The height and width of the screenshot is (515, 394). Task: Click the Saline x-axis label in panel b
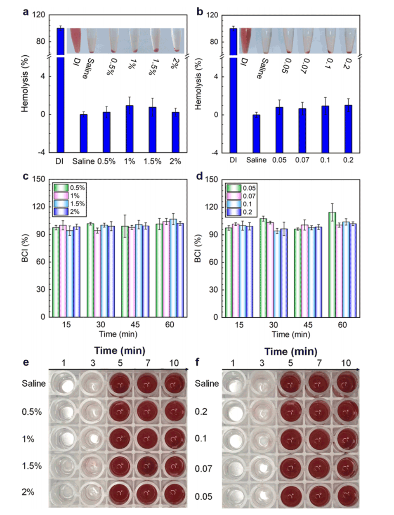click(256, 160)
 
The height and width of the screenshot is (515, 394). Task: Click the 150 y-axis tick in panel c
click(39, 179)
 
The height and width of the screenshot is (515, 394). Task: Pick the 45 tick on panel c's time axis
click(135, 325)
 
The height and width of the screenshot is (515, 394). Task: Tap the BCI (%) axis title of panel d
click(198, 249)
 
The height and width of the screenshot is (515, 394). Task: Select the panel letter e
click(26, 363)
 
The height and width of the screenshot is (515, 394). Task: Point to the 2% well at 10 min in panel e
click(175, 493)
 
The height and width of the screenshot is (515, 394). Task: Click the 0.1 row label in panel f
click(201, 438)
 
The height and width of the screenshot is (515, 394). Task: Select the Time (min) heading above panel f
click(290, 352)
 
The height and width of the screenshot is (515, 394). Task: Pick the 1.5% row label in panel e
click(32, 465)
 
